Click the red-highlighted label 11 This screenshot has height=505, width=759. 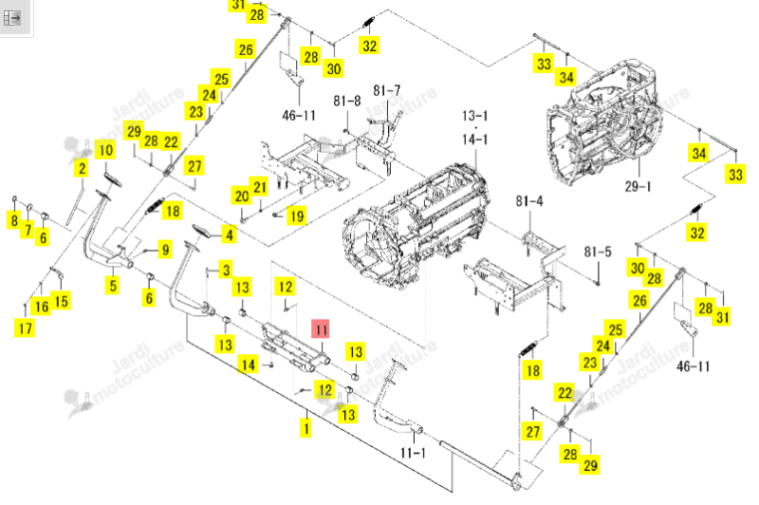[x=321, y=329]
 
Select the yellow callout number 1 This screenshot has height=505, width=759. [x=305, y=428]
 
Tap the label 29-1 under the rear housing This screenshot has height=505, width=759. [x=638, y=186]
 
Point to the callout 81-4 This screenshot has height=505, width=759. [x=529, y=200]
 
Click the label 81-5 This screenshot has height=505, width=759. [x=598, y=252]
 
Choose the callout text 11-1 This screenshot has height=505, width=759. [x=413, y=453]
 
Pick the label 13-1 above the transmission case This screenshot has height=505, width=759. [x=475, y=116]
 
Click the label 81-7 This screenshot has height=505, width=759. [x=386, y=90]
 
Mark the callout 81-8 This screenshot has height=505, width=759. [x=346, y=101]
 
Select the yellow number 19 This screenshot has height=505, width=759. [x=297, y=215]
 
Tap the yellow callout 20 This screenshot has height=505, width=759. [x=242, y=196]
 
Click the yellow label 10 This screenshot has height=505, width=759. [x=106, y=150]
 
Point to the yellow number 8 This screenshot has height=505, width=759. [x=14, y=220]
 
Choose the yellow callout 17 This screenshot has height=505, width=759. [x=26, y=328]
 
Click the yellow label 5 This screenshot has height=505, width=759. [x=113, y=285]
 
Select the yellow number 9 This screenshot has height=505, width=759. [x=165, y=250]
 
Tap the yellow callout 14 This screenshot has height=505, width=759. [x=248, y=365]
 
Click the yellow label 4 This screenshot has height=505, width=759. [x=229, y=235]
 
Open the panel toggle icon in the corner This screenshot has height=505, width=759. [x=12, y=18]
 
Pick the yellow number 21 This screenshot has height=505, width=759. [x=260, y=187]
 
